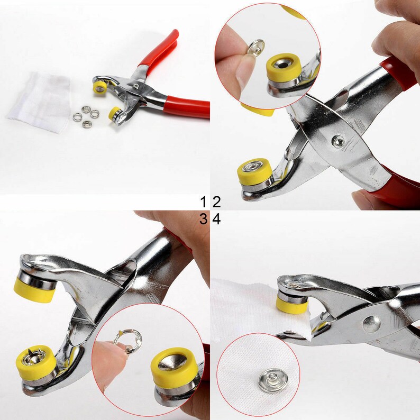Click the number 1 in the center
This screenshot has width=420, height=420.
[204, 202]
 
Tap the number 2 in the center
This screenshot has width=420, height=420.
[216, 202]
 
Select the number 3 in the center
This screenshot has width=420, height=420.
[204, 219]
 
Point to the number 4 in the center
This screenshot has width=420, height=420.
[216, 219]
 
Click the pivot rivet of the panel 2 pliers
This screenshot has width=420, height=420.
[336, 141]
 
